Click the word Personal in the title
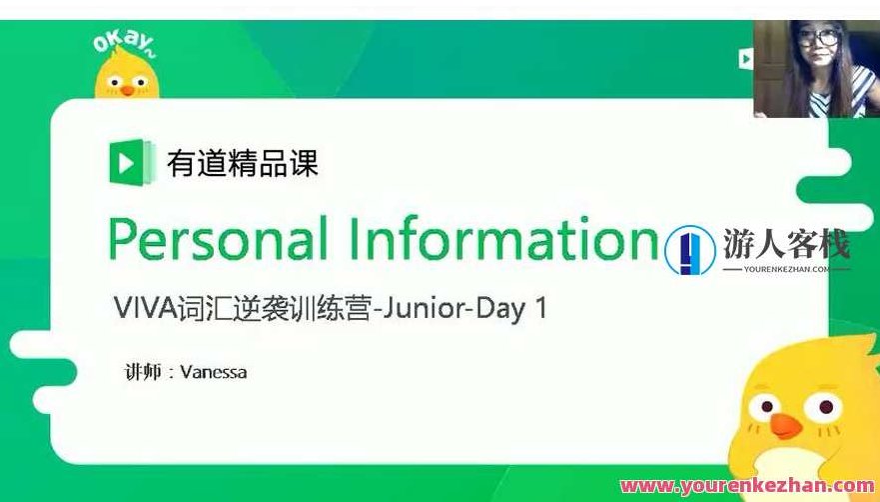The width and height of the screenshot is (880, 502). [x=217, y=238]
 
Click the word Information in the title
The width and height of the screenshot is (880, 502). [x=502, y=238]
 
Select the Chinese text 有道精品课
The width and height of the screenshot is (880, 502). [x=243, y=163]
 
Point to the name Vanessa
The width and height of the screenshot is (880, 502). [x=214, y=372]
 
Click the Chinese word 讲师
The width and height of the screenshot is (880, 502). [x=143, y=372]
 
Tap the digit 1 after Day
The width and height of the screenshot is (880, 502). [x=541, y=308]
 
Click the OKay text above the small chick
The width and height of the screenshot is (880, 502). [x=125, y=43]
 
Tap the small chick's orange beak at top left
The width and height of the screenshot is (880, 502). [x=128, y=89]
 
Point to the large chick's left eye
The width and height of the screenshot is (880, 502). [x=765, y=406]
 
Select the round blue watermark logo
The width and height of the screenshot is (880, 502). [x=690, y=250]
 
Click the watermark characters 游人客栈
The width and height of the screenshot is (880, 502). [x=786, y=244]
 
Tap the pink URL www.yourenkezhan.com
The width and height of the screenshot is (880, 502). [x=749, y=485]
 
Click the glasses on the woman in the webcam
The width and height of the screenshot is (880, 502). [x=819, y=38]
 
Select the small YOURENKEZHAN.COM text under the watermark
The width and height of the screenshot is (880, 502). [x=786, y=269]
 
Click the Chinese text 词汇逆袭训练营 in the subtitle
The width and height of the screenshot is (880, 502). [x=275, y=309]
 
